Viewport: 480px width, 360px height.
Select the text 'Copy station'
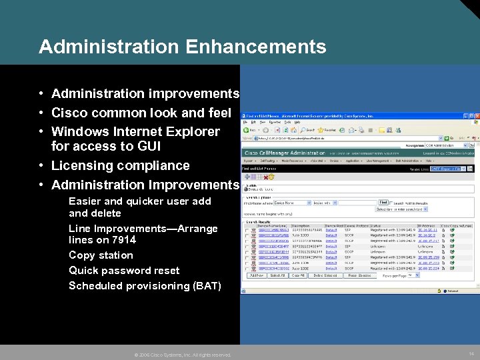pyautogui.click(x=101, y=255)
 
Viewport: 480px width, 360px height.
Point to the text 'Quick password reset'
pyautogui.click(x=124, y=271)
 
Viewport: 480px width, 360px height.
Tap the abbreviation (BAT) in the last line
pyautogui.click(x=207, y=286)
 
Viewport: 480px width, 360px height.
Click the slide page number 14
pyautogui.click(x=471, y=354)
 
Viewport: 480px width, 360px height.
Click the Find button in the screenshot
pyautogui.click(x=383, y=202)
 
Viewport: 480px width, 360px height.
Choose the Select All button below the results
pyautogui.click(x=278, y=275)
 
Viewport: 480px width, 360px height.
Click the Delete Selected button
pyautogui.click(x=325, y=275)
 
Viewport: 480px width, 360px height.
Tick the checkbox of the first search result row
pyautogui.click(x=247, y=229)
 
